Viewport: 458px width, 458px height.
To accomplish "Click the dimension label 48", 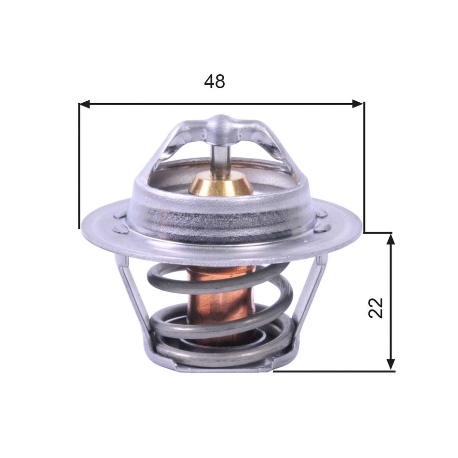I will tap(215, 81).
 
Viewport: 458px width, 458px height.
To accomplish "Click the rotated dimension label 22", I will tap(376, 308).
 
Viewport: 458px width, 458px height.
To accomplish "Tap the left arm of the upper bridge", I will tap(169, 145).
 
